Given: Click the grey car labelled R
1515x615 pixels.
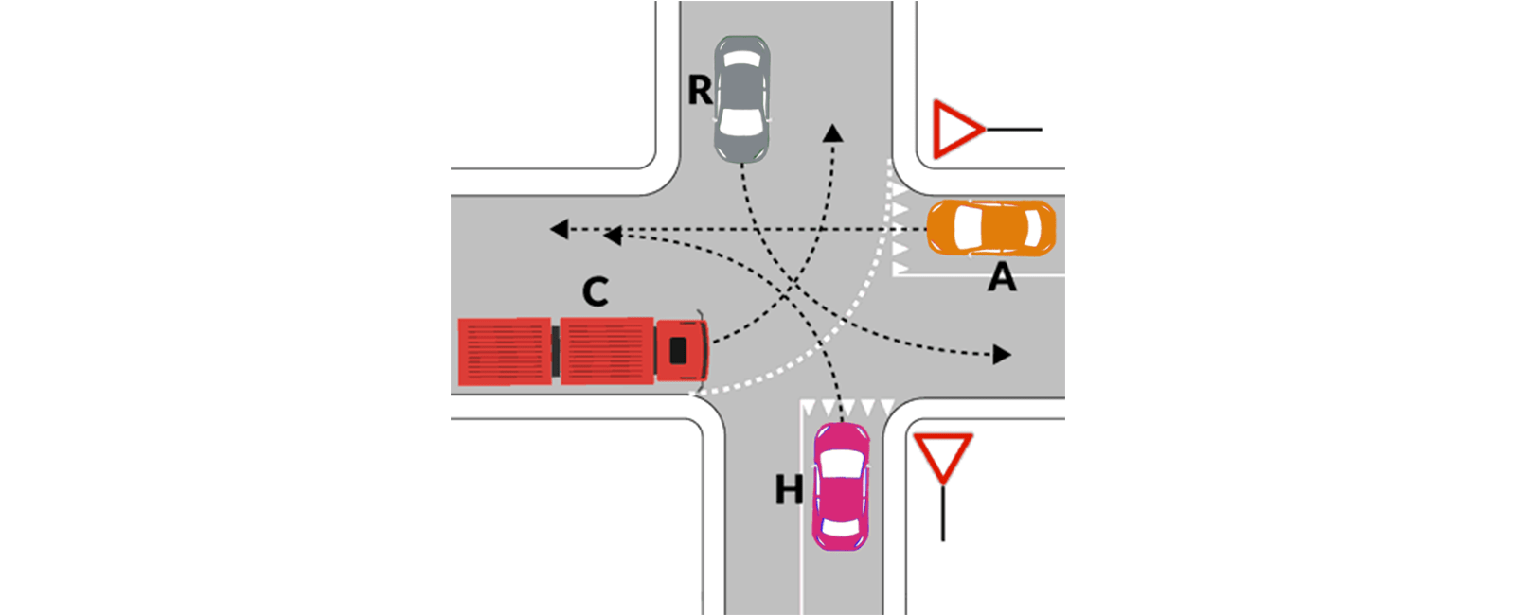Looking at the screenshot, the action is pos(742,99).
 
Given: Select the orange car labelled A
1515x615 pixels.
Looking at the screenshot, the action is pos(990,228).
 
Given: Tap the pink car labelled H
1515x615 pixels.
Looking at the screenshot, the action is pos(841,486).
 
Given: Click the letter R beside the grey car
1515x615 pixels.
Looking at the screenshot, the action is pos(700,90).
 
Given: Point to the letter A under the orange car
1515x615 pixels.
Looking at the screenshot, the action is pos(1002,276).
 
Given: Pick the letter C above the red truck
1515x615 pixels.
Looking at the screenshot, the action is pos(596,292).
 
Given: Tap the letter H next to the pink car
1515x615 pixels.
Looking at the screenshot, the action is pos(789,489).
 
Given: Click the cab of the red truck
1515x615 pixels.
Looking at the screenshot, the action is pos(682,350).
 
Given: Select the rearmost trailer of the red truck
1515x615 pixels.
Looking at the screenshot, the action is pos(505,352).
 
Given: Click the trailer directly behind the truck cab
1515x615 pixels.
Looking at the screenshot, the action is pos(607,351).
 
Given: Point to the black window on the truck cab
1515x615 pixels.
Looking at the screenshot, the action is pos(678,350).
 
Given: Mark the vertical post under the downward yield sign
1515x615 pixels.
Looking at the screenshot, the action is pos(943,513).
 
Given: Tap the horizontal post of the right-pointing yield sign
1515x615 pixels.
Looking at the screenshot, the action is pos(1014,129).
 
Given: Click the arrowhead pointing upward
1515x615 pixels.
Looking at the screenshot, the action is pos(832,132).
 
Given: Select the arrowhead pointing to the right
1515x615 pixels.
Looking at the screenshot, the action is pos(1002,354).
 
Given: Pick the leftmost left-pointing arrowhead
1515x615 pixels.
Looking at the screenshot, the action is pos(560,229).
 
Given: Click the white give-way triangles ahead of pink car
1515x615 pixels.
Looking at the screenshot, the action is pos(848,407).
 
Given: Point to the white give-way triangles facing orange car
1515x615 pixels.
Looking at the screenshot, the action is pos(900,230).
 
